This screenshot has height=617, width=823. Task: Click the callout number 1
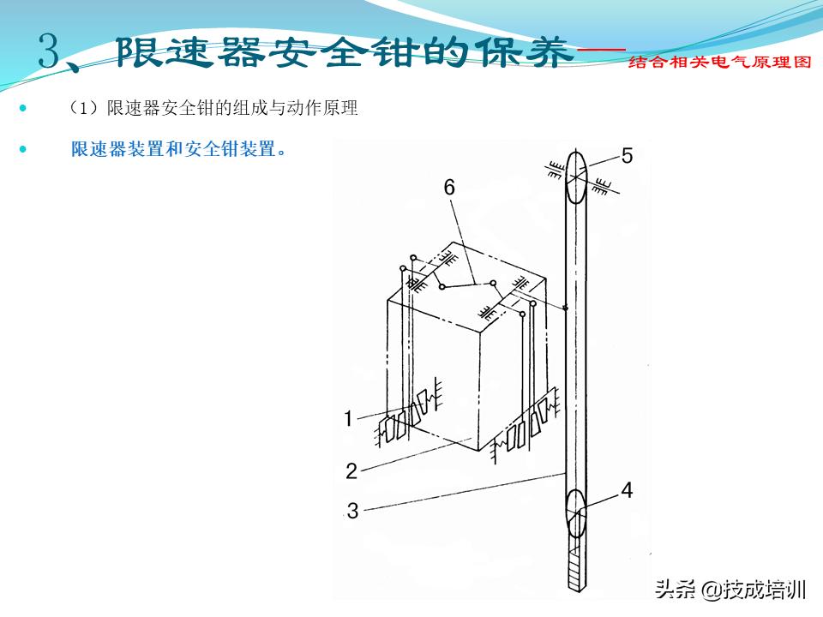click(349, 419)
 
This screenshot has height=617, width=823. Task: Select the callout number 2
click(351, 470)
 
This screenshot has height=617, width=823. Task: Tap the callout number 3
click(352, 512)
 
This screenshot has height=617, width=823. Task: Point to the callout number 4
click(627, 491)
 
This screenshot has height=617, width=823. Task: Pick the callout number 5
click(627, 155)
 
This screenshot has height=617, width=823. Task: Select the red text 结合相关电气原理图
click(718, 63)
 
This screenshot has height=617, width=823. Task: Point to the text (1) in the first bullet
click(85, 109)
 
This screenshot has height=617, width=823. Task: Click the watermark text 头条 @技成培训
click(730, 590)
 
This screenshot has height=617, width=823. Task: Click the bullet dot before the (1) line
click(22, 109)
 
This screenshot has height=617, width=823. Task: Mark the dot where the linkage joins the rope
click(566, 308)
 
